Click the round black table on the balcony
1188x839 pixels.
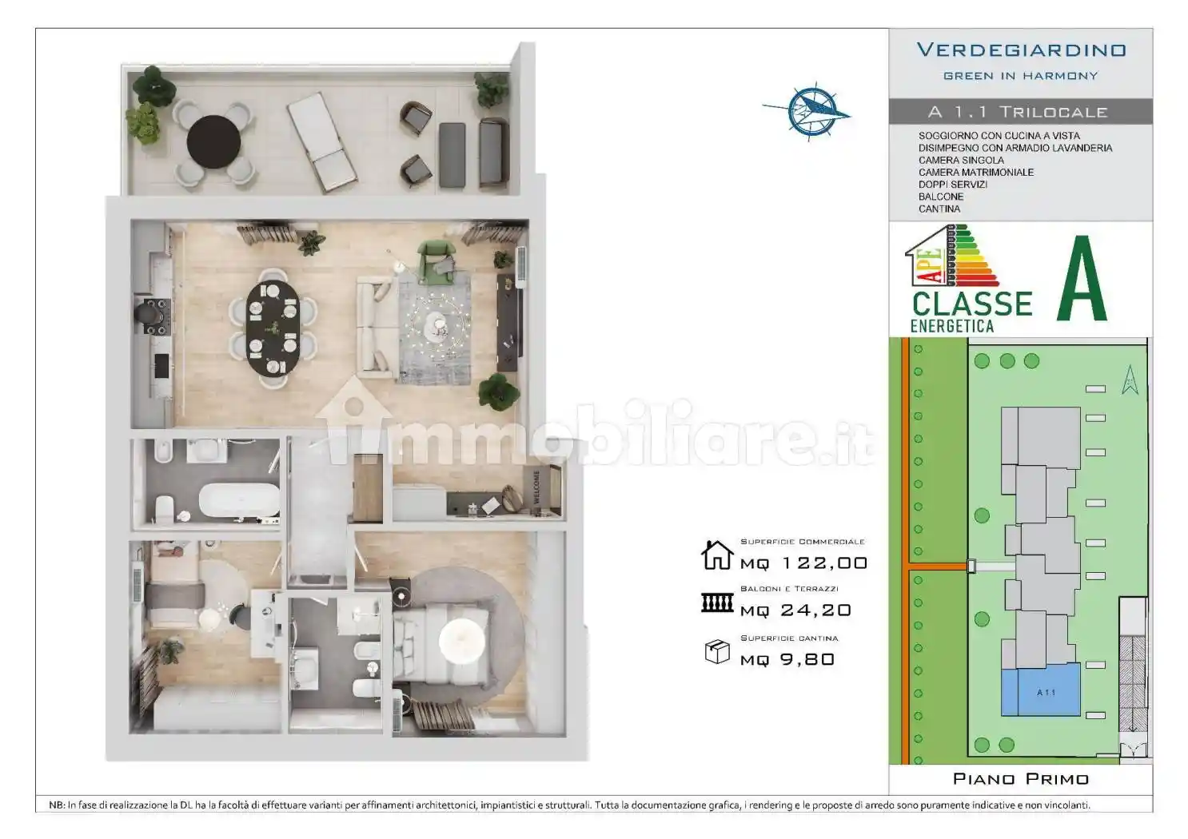coord(213,141)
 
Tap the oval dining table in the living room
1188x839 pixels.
coord(272,327)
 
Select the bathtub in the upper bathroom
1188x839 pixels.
coord(238,500)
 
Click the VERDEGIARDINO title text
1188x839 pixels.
coord(1021,50)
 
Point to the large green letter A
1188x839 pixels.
coord(1082,280)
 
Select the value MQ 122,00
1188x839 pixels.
coord(803,563)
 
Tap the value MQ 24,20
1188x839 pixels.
coord(795,610)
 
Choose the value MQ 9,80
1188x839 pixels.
coord(787,659)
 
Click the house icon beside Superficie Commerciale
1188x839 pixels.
coord(717,555)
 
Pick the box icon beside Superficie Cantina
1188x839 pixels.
coord(717,651)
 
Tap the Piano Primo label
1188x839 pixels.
coord(1021,778)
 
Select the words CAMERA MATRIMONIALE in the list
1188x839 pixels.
coord(976,172)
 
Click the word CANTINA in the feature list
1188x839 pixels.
coord(939,209)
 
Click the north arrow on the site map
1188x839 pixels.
coord(1130,380)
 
